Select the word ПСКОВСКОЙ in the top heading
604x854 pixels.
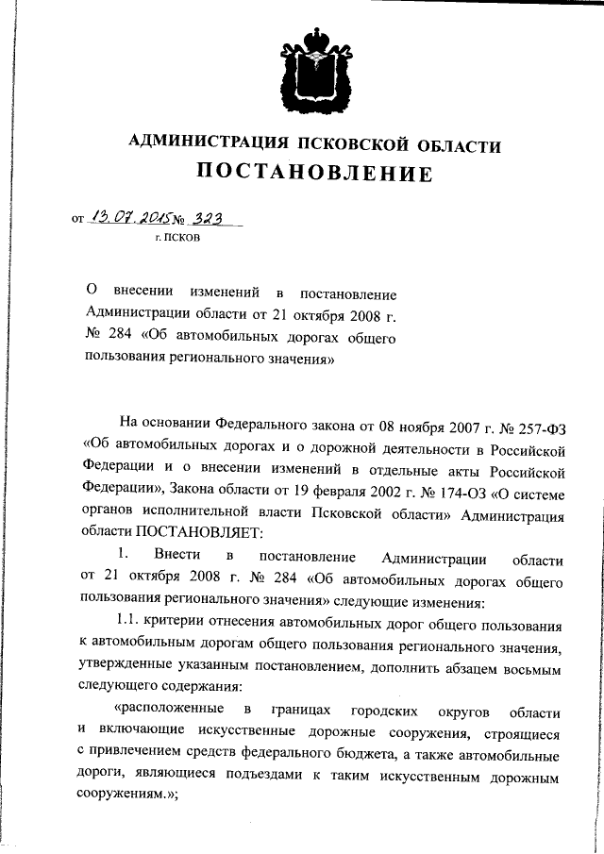[352, 144]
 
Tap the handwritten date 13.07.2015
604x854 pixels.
[123, 218]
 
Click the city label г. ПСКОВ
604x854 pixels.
[177, 239]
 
